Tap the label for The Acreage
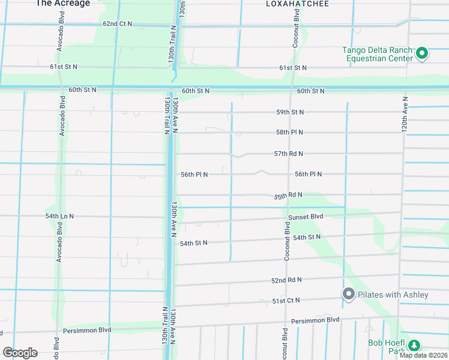pyautogui.click(x=62, y=4)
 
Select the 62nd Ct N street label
pyautogui.click(x=118, y=24)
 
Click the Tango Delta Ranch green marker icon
pyautogui.click(x=421, y=54)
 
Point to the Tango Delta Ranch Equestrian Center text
pyautogui.click(x=378, y=54)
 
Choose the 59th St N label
pyautogui.click(x=289, y=112)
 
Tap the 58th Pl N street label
pyautogui.click(x=289, y=132)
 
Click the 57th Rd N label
pyautogui.click(x=289, y=154)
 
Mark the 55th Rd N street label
pyautogui.click(x=288, y=196)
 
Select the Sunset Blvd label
pyautogui.click(x=306, y=217)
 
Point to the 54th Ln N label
pyautogui.click(x=59, y=216)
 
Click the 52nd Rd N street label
pyautogui.click(x=286, y=280)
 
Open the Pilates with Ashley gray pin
pyautogui.click(x=348, y=294)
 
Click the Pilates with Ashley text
pyautogui.click(x=393, y=295)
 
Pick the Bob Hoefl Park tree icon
pyautogui.click(x=414, y=346)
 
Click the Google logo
pyautogui.click(x=20, y=353)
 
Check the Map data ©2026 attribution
pyautogui.click(x=424, y=355)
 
